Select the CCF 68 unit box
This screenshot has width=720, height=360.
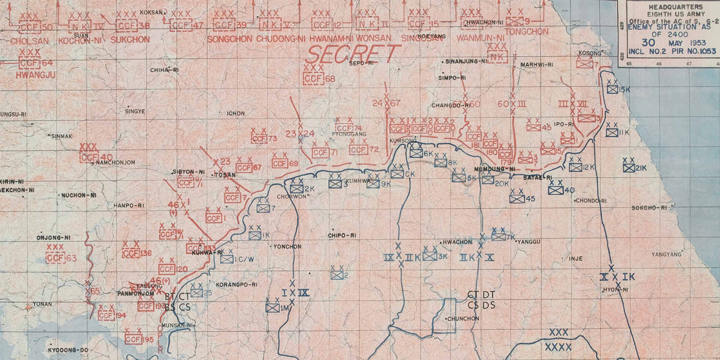314,79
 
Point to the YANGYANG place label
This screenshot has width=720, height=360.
666,255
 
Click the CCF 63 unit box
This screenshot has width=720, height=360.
56,258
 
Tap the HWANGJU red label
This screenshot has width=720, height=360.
36,75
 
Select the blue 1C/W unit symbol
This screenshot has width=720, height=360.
227,260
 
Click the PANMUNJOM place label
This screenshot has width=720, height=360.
135,293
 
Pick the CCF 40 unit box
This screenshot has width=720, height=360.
89,157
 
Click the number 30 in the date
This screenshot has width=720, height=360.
648,43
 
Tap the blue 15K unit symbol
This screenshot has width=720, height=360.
612,90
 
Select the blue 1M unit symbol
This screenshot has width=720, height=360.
272,308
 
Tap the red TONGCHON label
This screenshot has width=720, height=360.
526,32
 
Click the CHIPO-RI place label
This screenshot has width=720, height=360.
342,236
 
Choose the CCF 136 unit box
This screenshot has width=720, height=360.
131,253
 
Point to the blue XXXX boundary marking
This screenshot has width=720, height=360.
558,347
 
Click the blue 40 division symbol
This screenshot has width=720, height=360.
556,190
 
